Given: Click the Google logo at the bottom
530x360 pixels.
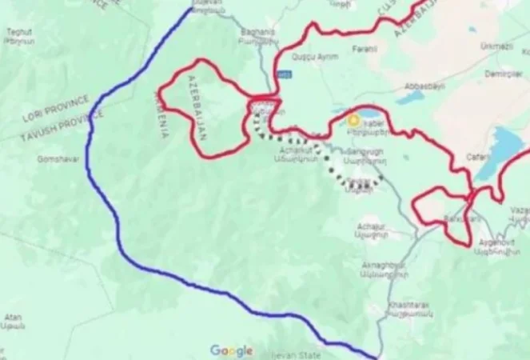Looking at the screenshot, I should point(232,350).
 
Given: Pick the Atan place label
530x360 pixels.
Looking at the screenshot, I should point(13,318).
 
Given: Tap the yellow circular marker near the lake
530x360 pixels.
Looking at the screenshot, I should point(353,121).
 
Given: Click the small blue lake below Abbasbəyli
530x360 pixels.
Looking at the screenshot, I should point(411,97).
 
